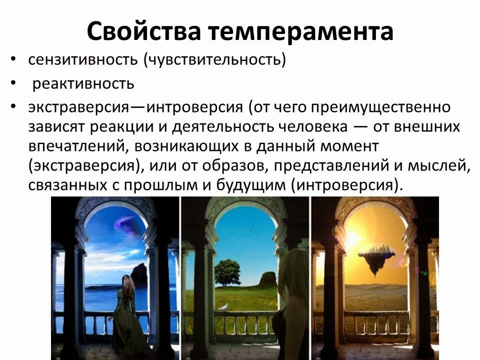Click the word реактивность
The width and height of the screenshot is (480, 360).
pyautogui.click(x=83, y=83)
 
